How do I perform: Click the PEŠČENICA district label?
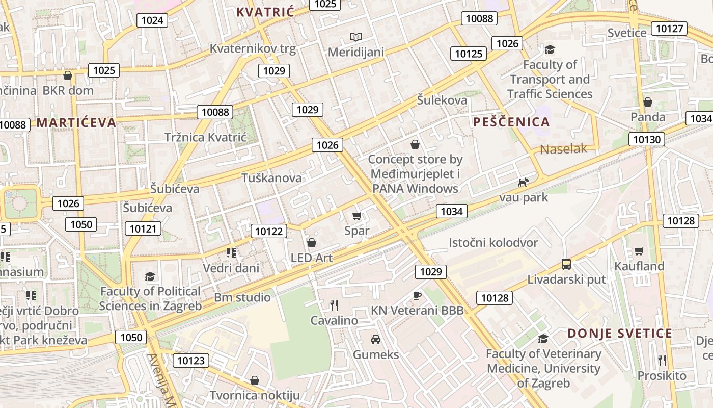[511, 122]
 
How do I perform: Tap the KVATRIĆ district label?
[265, 12]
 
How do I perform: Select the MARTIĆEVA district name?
[76, 122]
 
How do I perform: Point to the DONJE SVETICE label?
[620, 334]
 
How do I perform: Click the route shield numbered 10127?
[670, 28]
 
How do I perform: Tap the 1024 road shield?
[152, 20]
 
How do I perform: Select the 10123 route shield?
[191, 361]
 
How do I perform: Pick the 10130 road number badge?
[647, 139]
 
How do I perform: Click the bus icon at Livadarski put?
[566, 264]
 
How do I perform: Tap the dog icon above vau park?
[523, 182]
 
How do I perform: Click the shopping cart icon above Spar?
[356, 216]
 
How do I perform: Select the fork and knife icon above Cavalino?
[334, 305]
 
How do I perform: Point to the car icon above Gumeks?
[375, 339]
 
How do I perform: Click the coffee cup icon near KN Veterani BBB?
[417, 295]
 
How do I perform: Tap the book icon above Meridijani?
[355, 37]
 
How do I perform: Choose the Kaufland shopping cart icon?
[639, 251]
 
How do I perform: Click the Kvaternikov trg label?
[253, 48]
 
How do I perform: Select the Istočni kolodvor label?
[493, 242]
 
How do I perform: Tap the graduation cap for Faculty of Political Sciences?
[150, 276]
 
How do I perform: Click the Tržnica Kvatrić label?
[205, 137]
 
